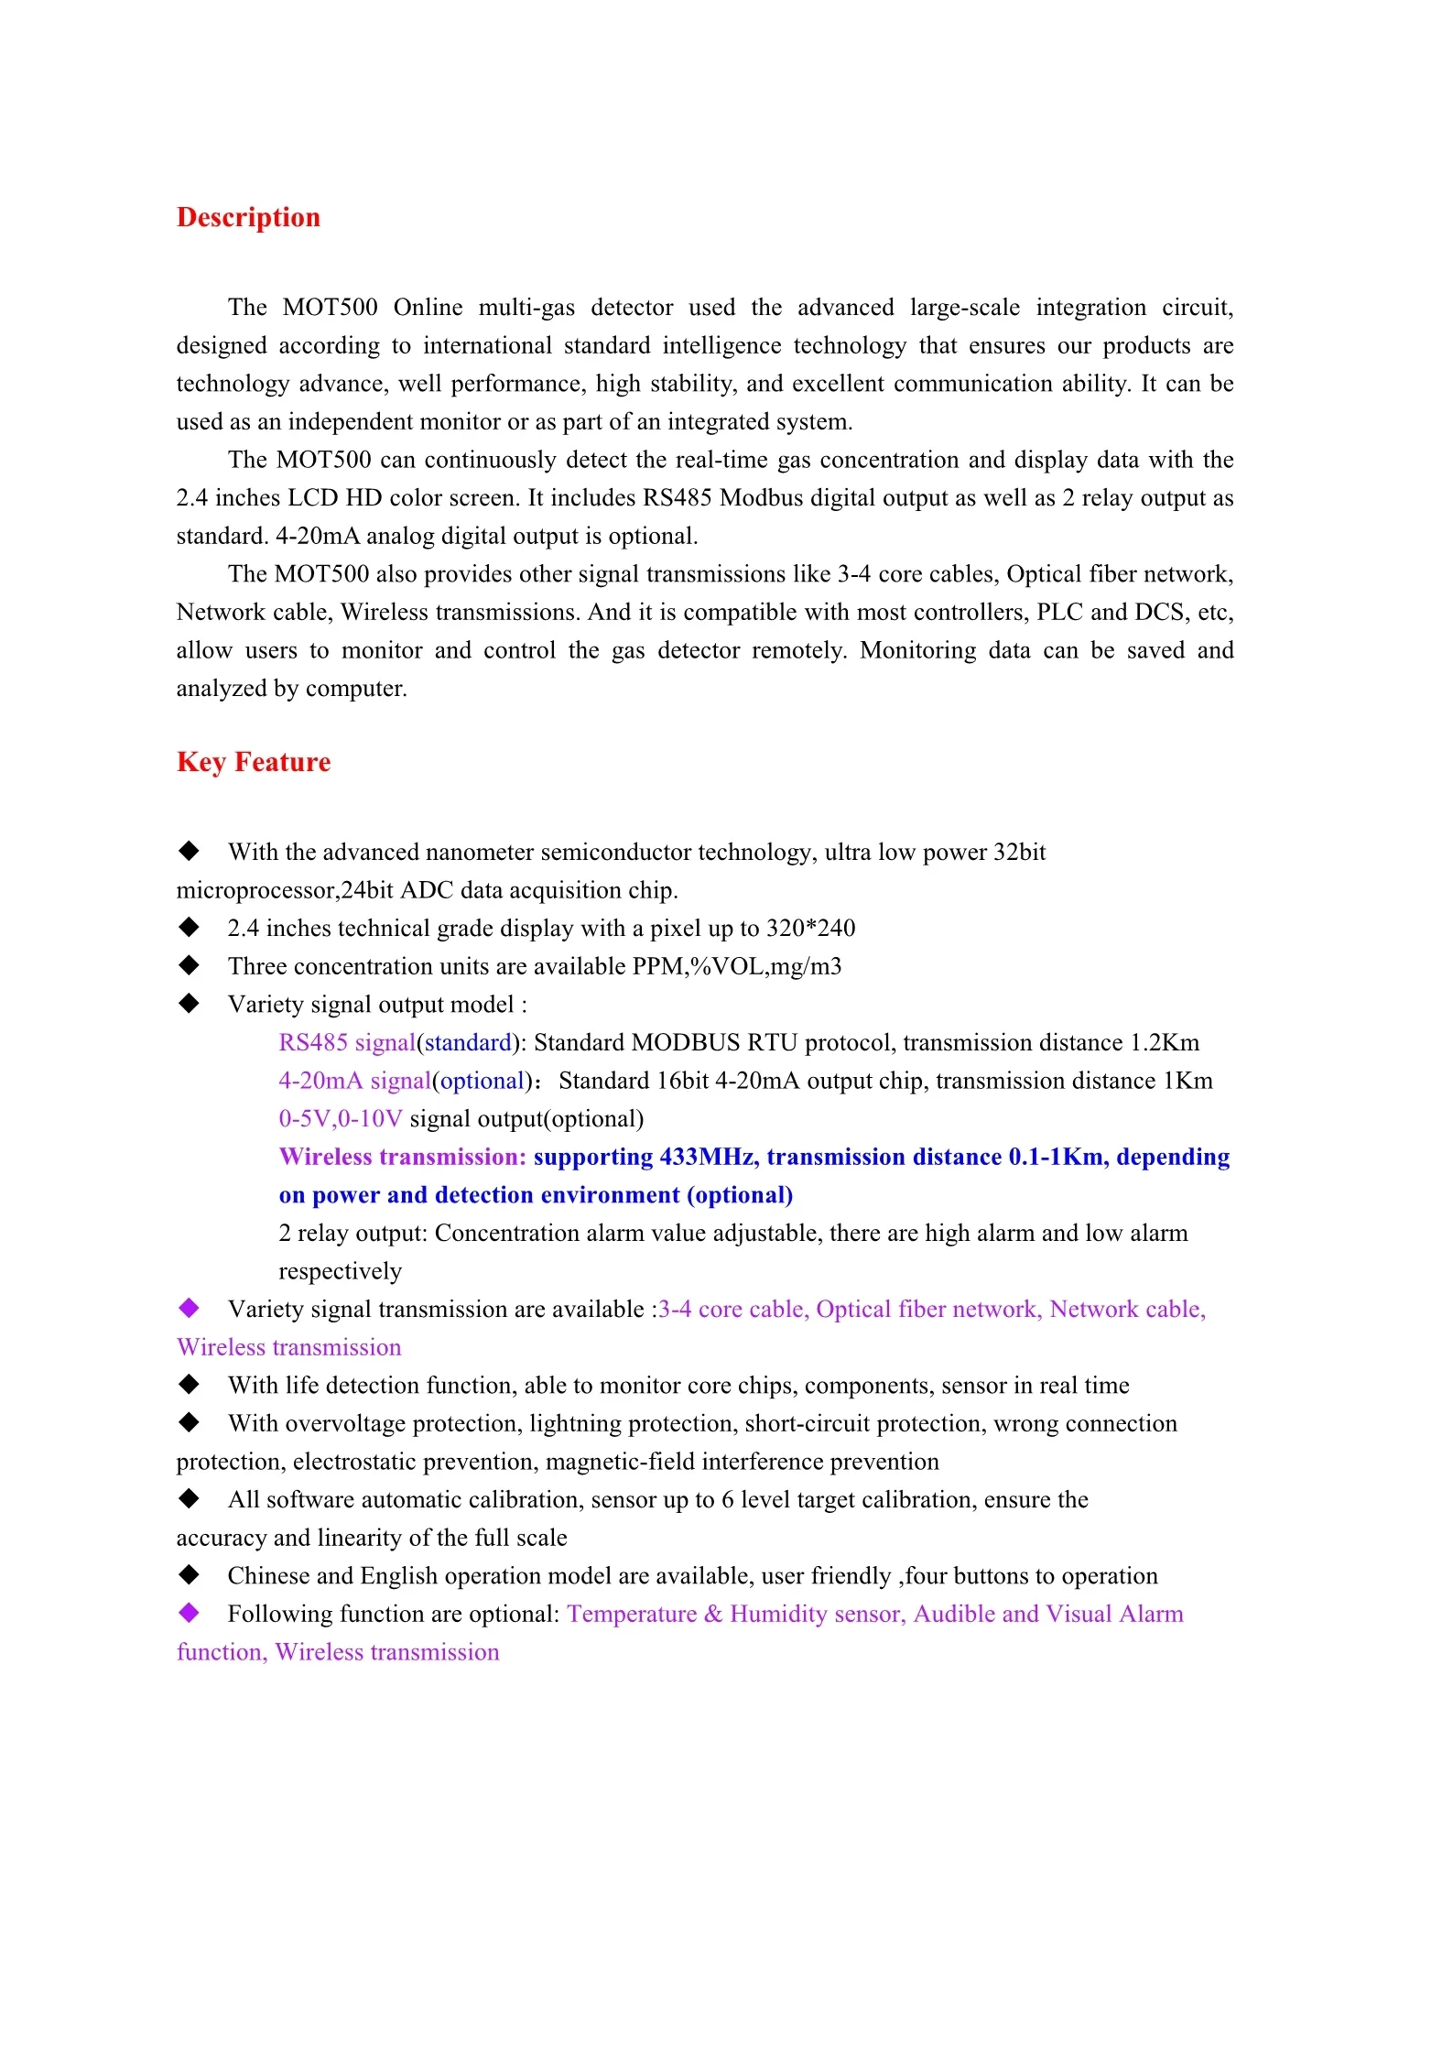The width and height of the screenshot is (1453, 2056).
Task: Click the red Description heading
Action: coord(248,217)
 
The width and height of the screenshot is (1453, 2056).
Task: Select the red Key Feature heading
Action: coord(254,762)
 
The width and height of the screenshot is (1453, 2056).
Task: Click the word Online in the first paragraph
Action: coord(428,307)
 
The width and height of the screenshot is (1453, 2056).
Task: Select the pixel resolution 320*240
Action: coord(810,929)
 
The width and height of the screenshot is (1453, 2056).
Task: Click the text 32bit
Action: coord(1019,853)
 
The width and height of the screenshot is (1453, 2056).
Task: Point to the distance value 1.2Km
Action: coord(1165,1043)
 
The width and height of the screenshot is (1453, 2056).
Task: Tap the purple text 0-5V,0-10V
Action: coord(341,1119)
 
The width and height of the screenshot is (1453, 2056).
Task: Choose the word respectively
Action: coord(341,1272)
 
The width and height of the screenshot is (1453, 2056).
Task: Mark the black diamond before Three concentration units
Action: coord(189,965)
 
